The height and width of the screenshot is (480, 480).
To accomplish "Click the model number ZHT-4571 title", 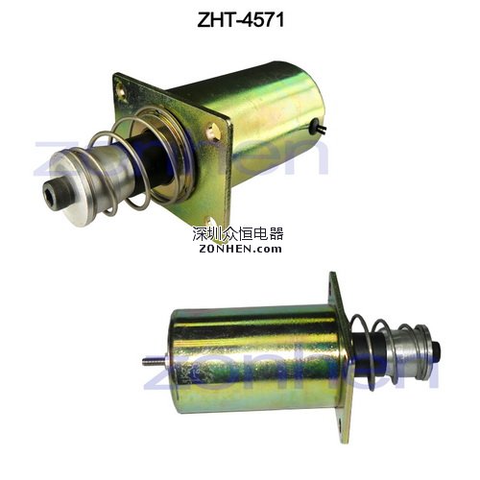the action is [x=241, y=19].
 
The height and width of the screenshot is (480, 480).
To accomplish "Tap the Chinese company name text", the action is [x=238, y=234].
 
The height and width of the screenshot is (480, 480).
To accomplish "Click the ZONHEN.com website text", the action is [x=240, y=249].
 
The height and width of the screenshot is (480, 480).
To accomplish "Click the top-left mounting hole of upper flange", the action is [x=122, y=89].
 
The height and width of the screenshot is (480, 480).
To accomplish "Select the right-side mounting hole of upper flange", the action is [x=212, y=131].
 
